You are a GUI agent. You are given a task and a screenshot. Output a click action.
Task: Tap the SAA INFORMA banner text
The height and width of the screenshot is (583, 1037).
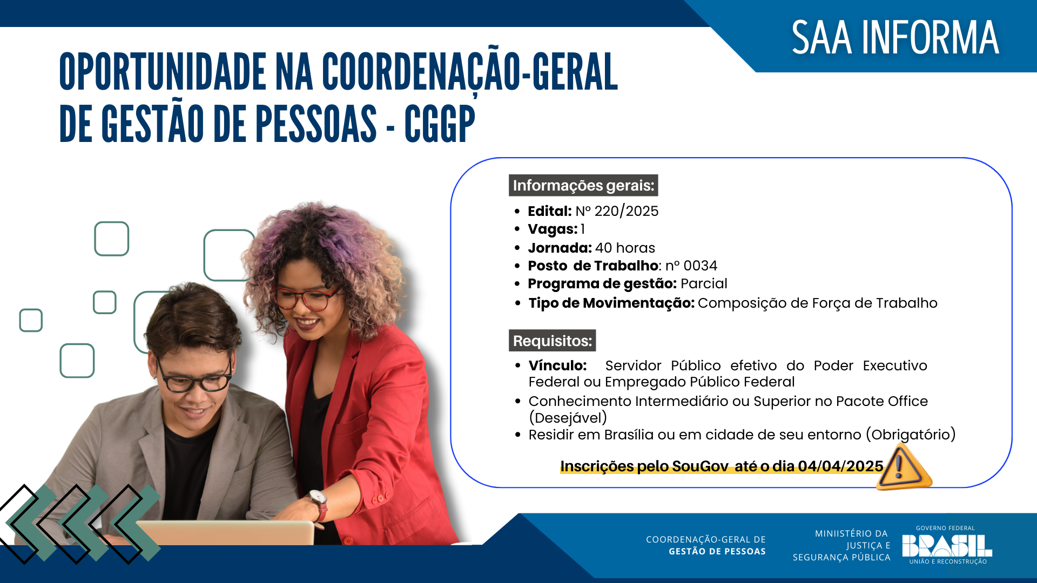pos(895,38)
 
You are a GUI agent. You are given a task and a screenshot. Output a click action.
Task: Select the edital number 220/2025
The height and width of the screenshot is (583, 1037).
pos(626,211)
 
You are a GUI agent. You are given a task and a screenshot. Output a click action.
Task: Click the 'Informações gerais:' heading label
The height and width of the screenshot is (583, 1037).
pos(583,186)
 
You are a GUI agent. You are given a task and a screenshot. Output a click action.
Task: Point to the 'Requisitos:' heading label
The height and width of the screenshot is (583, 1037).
pos(552,341)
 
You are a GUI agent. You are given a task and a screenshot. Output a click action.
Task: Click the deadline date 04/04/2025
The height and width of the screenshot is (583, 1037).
pos(840,466)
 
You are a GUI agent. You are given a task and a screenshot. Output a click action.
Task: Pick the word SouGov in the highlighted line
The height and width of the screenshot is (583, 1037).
pos(700,466)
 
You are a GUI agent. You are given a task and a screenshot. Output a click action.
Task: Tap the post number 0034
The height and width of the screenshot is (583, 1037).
pos(700,266)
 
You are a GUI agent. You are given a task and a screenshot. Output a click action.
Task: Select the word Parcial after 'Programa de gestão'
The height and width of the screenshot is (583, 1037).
pos(704,284)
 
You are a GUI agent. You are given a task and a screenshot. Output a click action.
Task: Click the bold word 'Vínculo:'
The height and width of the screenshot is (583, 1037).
pos(557,365)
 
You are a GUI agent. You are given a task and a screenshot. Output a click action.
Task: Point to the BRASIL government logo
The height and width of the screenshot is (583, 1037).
pos(947,546)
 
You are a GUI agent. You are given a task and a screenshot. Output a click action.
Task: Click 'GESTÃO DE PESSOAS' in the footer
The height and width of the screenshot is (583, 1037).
pos(717,551)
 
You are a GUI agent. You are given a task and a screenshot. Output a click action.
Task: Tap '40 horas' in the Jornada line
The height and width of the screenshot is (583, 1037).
pos(625,248)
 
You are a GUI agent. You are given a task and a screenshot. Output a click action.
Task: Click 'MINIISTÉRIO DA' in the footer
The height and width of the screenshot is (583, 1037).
pos(851,533)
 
